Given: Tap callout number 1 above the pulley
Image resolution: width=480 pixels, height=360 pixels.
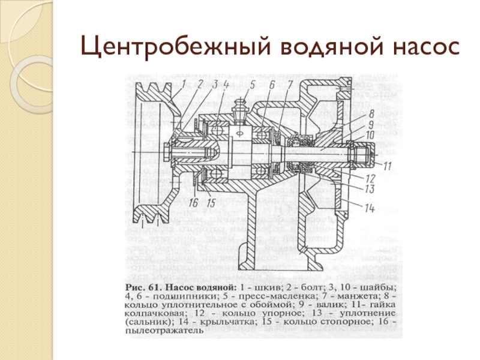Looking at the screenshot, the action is click(185, 83).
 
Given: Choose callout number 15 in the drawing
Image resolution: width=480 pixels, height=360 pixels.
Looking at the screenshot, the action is click(211, 201).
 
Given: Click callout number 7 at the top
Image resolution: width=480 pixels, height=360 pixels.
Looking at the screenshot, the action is click(290, 85).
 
